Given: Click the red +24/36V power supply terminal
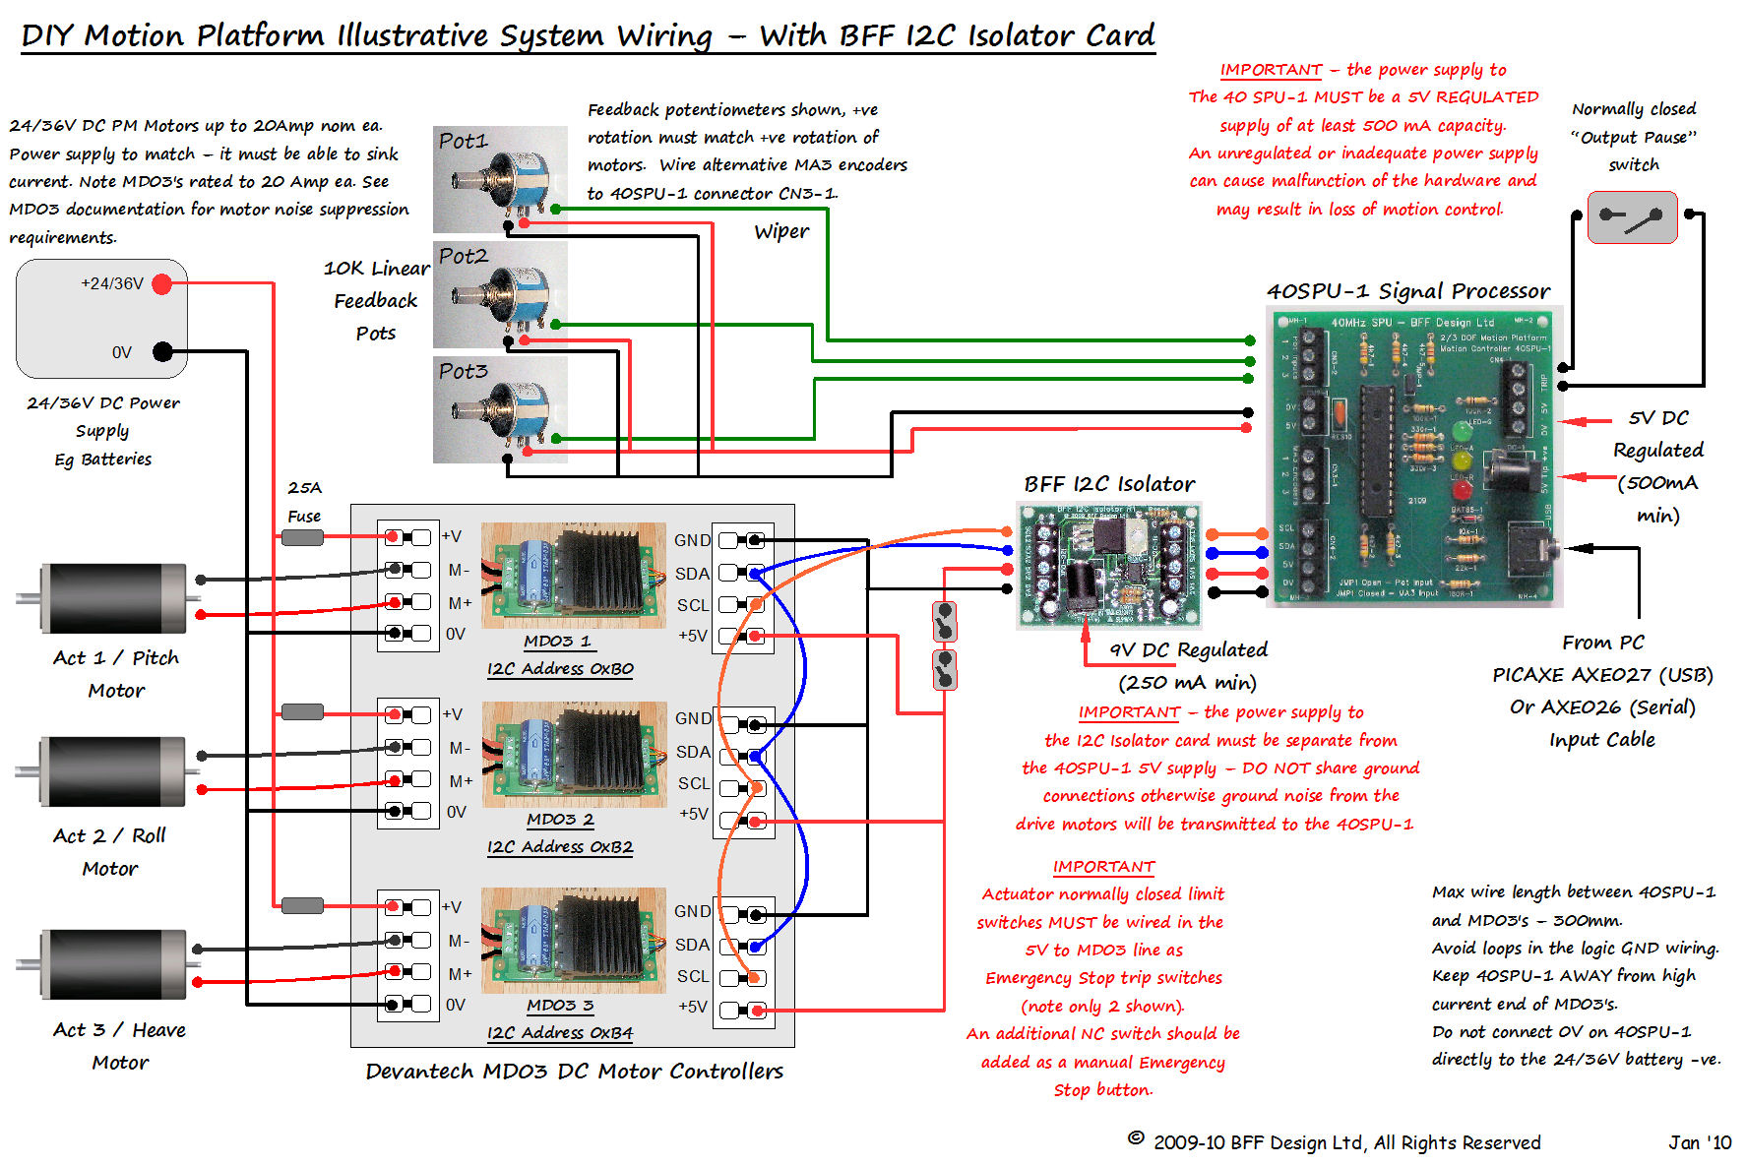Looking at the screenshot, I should (x=162, y=284).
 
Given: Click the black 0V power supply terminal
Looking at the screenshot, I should (x=162, y=351).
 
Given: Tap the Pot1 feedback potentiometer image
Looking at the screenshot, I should (x=500, y=179).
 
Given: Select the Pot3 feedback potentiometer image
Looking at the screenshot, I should (x=500, y=409).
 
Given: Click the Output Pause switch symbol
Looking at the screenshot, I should (x=1632, y=217).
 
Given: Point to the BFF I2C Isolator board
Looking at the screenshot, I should (x=1108, y=565).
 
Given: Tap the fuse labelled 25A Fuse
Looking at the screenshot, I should (x=302, y=537).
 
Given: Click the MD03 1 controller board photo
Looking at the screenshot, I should (x=574, y=575).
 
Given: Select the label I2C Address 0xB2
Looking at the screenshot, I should (x=560, y=847).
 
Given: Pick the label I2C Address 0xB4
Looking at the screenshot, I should (x=560, y=1033).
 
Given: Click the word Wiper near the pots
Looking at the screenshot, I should (x=781, y=231).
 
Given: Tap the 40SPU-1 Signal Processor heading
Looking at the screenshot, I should (x=1407, y=291).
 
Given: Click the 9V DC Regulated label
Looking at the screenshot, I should (x=1188, y=649).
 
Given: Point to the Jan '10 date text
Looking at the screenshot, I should (x=1699, y=1142).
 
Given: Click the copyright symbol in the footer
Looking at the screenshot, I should (x=1136, y=1138).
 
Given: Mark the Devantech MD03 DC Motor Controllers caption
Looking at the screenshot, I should (x=574, y=1072).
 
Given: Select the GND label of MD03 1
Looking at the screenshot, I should (x=692, y=540).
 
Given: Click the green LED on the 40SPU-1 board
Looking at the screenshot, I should (x=1462, y=430).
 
